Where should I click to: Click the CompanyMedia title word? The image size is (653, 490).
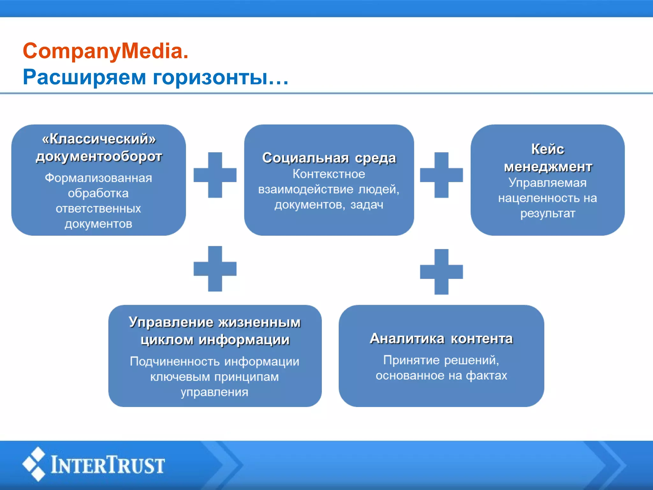click(105, 51)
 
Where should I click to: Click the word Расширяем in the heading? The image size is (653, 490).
click(84, 77)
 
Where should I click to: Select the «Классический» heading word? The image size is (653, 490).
click(99, 139)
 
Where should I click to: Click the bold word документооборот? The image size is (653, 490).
click(99, 157)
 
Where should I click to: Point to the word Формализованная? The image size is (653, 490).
click(98, 178)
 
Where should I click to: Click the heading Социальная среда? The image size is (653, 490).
click(329, 158)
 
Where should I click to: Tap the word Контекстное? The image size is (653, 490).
click(329, 174)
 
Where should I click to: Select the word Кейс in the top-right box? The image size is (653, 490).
click(547, 149)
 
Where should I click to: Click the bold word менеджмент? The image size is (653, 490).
click(548, 167)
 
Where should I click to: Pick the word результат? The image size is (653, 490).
click(548, 213)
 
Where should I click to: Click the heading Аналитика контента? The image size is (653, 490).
click(441, 338)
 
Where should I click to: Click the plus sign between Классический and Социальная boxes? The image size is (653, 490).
click(215, 175)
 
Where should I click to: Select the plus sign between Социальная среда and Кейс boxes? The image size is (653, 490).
click(441, 175)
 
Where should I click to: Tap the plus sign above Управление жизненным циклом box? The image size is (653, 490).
click(215, 269)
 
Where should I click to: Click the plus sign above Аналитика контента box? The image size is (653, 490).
click(441, 272)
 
